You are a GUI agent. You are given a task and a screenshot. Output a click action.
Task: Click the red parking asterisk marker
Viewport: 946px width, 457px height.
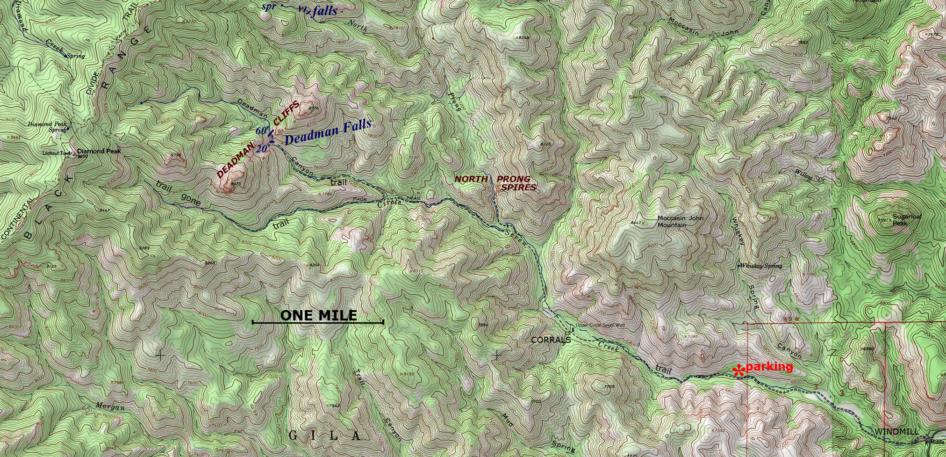coord(738,371)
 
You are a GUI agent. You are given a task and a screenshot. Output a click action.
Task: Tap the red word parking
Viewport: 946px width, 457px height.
coord(769,367)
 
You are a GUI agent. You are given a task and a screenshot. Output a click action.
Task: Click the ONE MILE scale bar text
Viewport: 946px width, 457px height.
coord(318,316)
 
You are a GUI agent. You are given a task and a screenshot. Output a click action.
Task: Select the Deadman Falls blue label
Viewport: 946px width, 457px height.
coord(328,132)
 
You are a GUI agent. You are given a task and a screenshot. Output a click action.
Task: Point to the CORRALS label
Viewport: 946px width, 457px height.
coord(551,340)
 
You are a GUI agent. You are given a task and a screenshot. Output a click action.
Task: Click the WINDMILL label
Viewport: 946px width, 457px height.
coord(897,431)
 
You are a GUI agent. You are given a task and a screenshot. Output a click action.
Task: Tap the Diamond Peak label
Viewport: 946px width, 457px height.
coord(99,151)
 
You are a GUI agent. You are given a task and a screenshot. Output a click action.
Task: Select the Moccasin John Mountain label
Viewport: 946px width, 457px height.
coord(680,221)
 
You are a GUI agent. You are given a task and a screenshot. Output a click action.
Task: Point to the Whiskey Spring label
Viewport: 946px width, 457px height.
coord(761,266)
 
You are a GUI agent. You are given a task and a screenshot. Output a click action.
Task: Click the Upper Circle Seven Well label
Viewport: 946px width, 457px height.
coord(600,326)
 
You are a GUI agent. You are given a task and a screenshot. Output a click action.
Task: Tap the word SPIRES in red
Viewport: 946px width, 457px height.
coord(518,188)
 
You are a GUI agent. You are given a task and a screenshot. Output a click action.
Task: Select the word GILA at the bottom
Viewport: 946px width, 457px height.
coord(325,436)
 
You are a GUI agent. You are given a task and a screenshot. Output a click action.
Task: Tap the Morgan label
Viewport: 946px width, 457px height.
coord(110,406)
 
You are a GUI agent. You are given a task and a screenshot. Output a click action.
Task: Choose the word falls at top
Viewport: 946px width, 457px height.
coord(325,11)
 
